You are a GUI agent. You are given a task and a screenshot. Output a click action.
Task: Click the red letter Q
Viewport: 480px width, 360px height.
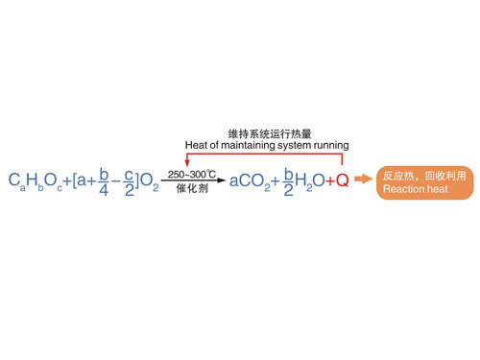(342, 180)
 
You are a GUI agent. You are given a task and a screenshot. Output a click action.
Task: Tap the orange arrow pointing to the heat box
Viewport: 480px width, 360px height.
(363, 179)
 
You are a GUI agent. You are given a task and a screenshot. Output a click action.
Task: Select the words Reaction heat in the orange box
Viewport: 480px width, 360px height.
(416, 189)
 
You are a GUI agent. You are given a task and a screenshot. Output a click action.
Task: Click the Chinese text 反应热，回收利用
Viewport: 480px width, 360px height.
(424, 176)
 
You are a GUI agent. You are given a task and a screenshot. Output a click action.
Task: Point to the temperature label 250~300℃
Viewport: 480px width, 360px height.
(192, 174)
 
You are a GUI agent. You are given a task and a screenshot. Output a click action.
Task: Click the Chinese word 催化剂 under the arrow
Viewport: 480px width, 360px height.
(192, 188)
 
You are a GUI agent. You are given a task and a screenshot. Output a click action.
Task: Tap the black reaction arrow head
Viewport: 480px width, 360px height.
(222, 180)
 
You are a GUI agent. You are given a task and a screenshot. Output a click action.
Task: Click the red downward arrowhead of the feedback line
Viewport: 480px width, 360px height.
(187, 162)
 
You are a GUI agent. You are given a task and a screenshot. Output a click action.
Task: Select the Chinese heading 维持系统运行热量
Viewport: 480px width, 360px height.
(270, 133)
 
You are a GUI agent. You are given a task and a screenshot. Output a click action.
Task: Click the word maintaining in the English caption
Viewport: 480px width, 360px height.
(248, 145)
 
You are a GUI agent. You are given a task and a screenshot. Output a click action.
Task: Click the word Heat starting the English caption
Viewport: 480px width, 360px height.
(196, 145)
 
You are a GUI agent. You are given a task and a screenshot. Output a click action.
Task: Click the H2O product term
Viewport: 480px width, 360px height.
(310, 181)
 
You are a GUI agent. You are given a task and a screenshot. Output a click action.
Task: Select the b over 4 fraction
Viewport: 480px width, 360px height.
(104, 181)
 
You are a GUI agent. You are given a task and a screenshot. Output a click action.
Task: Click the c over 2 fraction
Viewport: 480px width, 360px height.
(130, 182)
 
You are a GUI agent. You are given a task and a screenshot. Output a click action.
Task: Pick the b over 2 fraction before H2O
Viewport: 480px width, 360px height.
(289, 181)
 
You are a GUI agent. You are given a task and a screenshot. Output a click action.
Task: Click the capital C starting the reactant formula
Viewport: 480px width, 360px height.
(14, 180)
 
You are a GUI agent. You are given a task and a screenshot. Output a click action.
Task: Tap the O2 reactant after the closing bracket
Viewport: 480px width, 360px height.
(150, 181)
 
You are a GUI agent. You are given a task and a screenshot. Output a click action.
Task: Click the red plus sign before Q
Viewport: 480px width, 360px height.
(330, 181)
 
